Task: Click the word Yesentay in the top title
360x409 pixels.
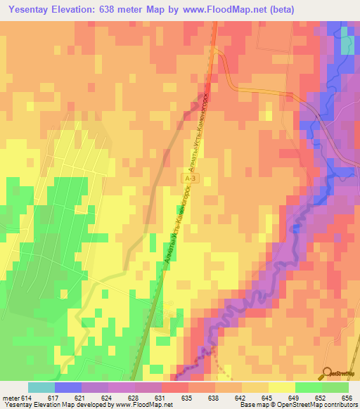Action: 30,9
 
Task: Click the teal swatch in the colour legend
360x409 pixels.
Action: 41,387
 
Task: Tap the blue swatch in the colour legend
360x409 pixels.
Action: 68,387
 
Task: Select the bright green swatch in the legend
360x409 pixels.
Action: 309,387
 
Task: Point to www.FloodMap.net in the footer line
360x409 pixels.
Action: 147,405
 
